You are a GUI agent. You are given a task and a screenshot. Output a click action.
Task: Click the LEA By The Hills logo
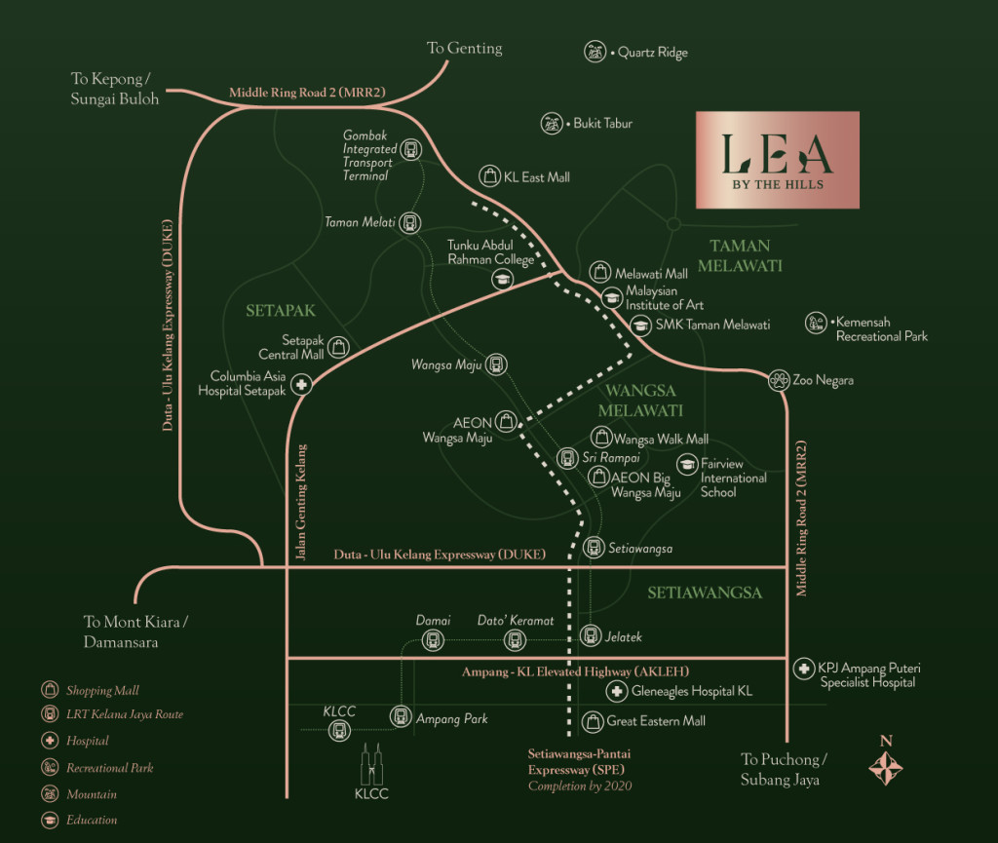(777, 160)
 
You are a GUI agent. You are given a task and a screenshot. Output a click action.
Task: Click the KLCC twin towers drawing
(371, 764)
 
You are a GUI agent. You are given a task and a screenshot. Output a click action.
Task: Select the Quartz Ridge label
(653, 53)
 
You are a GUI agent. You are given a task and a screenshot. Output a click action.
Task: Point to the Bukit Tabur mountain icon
(553, 124)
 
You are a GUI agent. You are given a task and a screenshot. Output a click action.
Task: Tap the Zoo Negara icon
(778, 380)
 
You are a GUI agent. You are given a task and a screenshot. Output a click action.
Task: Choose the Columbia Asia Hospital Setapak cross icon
(302, 384)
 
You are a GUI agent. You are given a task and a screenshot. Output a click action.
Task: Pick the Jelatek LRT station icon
(590, 636)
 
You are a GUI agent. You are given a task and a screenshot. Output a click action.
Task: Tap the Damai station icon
(432, 640)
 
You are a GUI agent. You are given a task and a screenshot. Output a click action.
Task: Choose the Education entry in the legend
(92, 821)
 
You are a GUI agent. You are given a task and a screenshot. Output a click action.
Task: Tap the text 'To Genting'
(465, 48)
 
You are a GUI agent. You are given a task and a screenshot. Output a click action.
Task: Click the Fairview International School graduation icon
(687, 465)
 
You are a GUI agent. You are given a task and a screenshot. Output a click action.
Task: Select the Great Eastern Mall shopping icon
(592, 722)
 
